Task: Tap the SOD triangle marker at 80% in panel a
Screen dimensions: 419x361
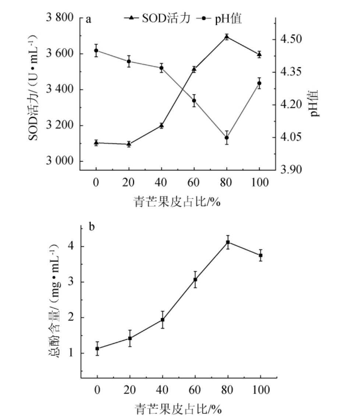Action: [227, 36]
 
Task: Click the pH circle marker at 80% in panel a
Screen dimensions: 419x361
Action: [227, 138]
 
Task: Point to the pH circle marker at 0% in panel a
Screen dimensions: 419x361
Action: [96, 50]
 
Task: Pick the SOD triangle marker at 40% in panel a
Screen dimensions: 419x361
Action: [161, 126]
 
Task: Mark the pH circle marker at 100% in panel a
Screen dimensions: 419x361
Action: [259, 83]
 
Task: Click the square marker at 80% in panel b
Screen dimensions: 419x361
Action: [228, 242]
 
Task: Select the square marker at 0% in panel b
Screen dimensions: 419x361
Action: [97, 348]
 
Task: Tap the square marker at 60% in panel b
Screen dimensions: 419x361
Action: [195, 279]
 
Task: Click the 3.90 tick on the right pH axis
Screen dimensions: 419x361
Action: [291, 170]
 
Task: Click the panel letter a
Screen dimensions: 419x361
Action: [88, 19]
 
